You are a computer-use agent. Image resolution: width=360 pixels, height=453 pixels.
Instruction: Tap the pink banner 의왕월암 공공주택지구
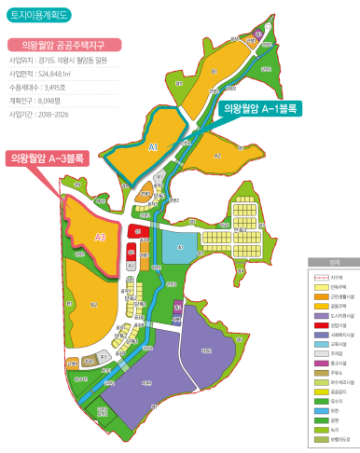[x=61, y=44]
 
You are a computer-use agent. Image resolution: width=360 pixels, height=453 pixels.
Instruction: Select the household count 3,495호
[x=54, y=85]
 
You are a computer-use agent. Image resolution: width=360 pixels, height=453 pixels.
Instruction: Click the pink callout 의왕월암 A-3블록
[x=47, y=158]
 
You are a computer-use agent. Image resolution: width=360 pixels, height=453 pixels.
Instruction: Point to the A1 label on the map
[x=154, y=146]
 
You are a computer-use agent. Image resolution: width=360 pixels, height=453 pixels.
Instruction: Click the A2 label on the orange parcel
[x=216, y=157]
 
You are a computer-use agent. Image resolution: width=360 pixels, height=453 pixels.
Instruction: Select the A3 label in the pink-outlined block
[x=101, y=237]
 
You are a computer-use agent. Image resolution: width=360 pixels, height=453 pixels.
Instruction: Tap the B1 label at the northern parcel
[x=214, y=70]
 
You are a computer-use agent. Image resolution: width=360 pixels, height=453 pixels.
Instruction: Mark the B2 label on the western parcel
[x=93, y=304]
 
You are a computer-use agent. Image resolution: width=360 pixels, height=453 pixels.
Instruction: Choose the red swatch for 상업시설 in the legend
[x=318, y=325]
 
